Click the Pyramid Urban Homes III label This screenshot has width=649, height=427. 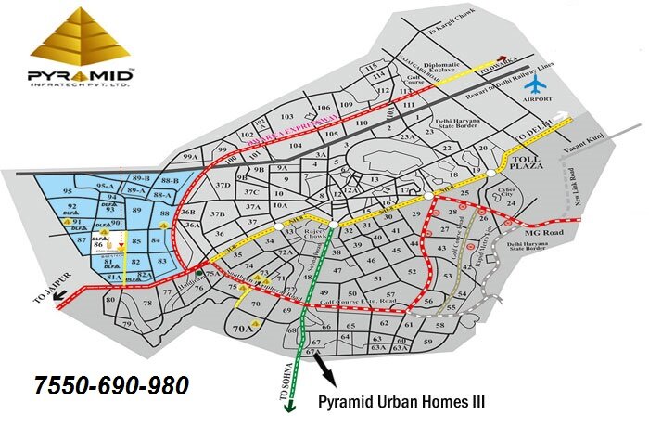pos(403,402)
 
